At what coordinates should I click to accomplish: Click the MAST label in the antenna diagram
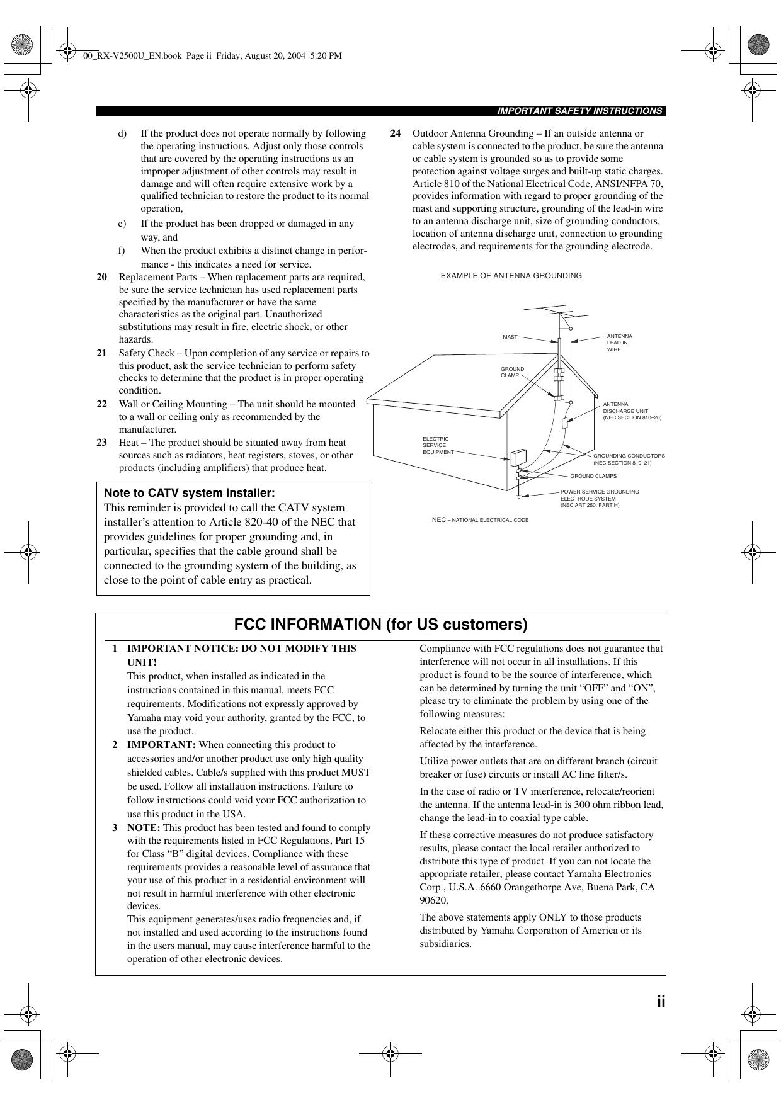pos(510,337)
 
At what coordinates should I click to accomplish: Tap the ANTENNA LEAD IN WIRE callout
pos(619,343)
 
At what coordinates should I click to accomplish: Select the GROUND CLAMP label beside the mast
pos(512,372)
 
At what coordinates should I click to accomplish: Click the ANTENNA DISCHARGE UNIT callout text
pos(632,411)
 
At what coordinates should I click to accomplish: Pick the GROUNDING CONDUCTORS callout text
pos(629,459)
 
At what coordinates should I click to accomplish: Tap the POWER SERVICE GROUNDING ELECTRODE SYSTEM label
pos(599,498)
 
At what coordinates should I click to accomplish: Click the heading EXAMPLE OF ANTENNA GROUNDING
pos(511,276)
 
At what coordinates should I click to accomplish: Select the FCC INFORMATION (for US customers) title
pos(380,625)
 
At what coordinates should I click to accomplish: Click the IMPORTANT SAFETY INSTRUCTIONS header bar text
pos(579,111)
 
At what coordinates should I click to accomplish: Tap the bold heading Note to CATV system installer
pos(189,493)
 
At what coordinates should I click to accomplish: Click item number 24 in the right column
pos(396,133)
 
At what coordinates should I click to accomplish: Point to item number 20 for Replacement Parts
pos(101,277)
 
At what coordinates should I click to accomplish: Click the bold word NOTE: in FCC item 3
pos(144,828)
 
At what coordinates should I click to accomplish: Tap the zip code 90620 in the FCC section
pos(433,900)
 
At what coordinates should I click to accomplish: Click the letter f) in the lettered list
pos(122,251)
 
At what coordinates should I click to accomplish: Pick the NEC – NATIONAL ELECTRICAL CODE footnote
pos(480,520)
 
